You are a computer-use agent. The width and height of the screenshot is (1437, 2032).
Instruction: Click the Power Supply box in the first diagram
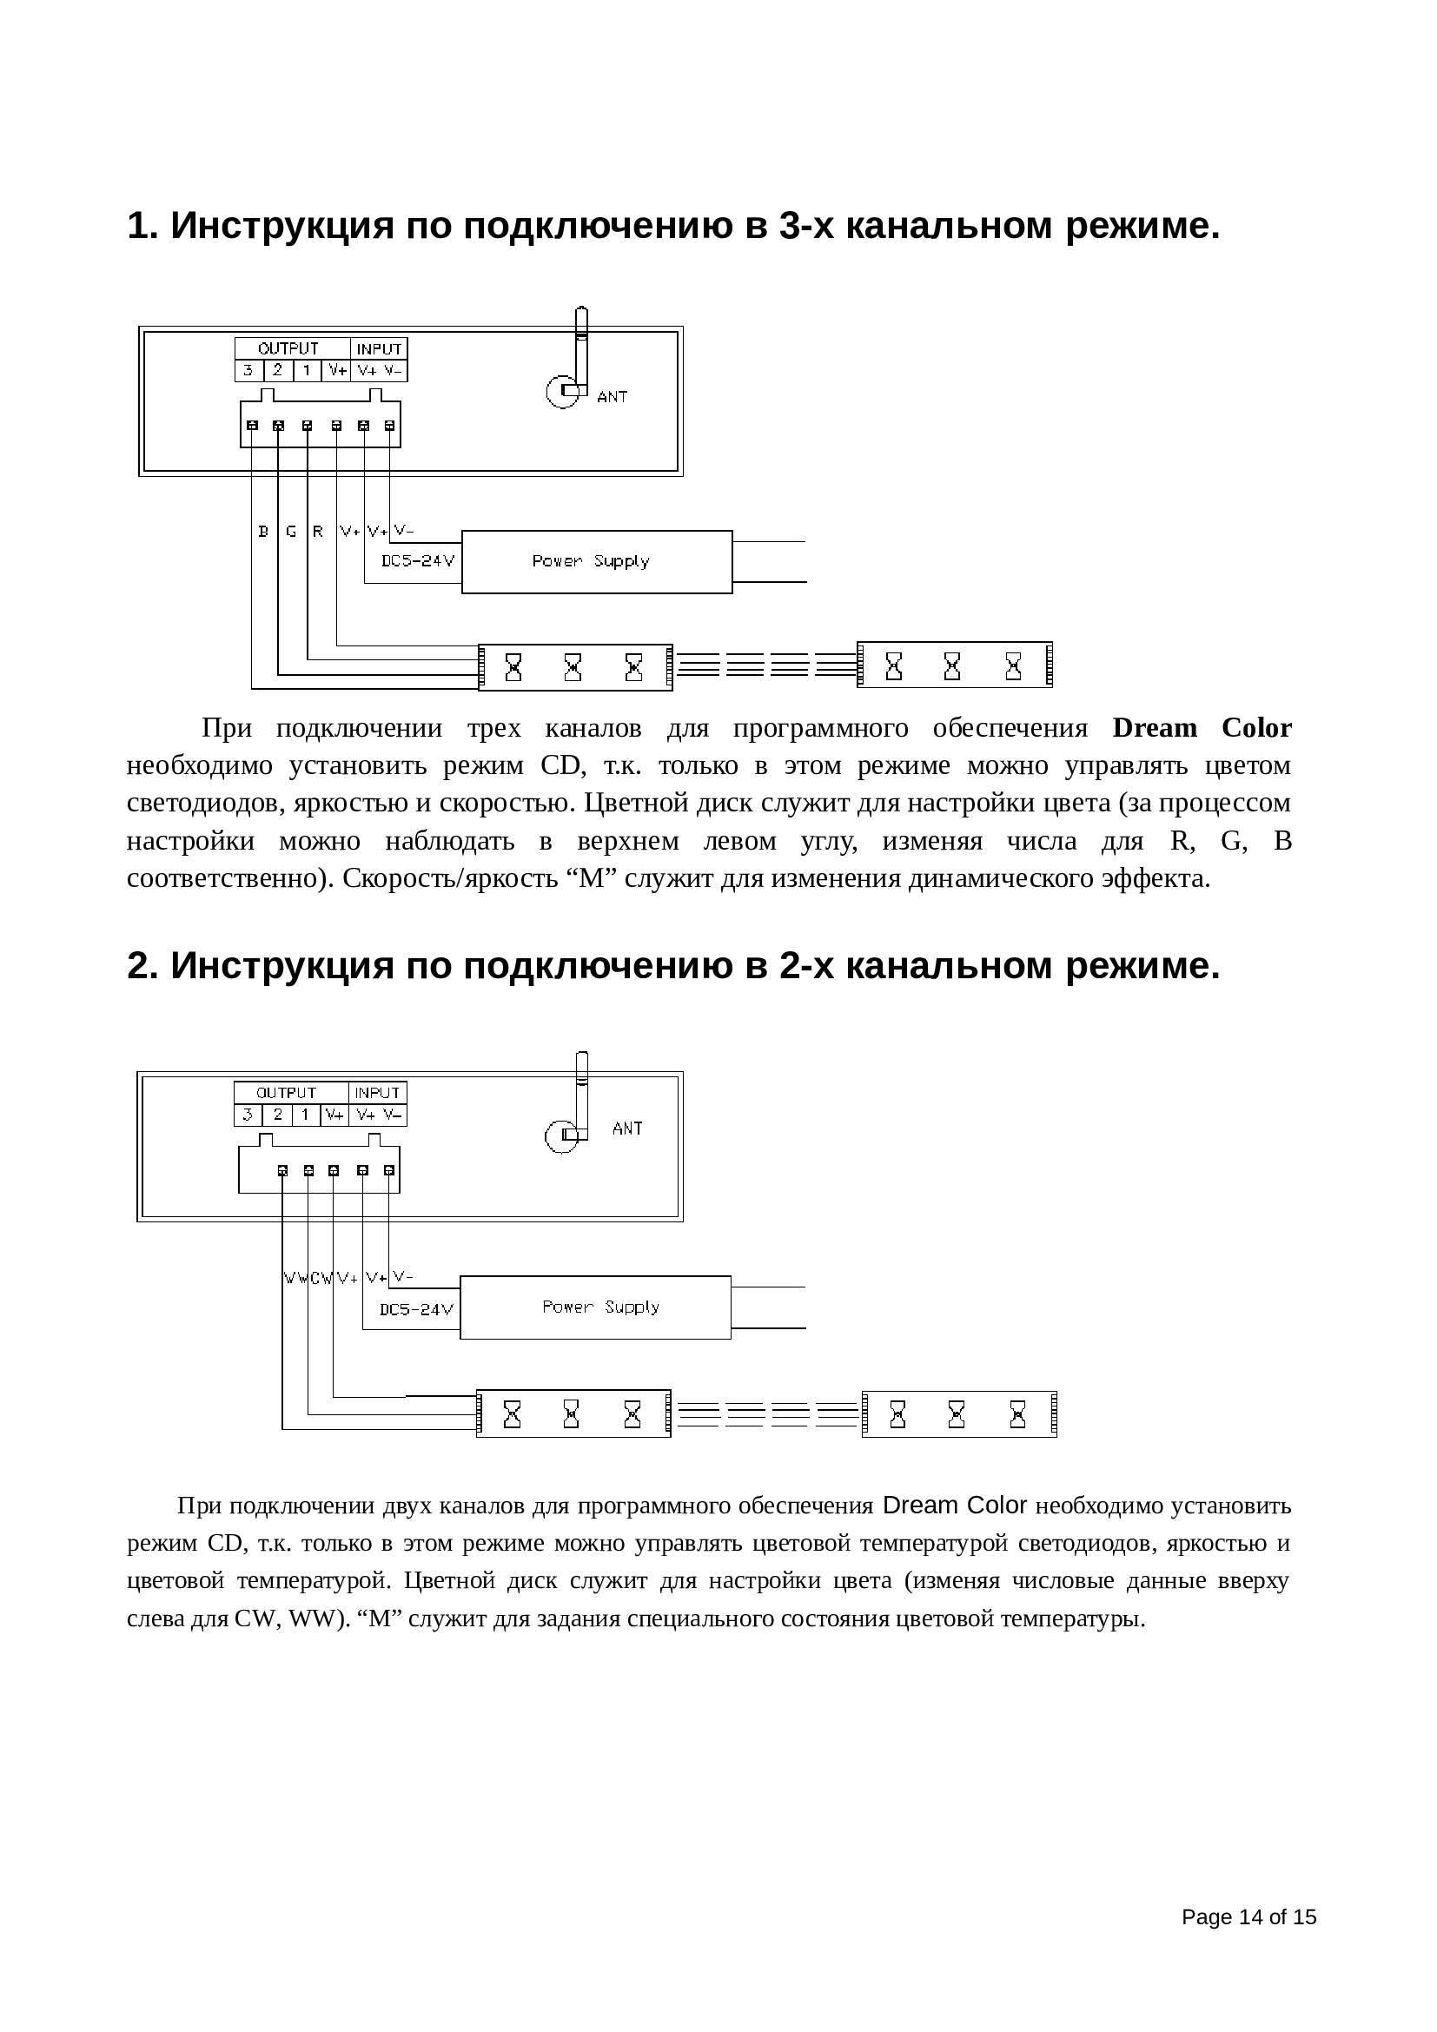pyautogui.click(x=596, y=561)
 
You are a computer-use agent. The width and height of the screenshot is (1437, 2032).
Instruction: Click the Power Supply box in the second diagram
pyautogui.click(x=595, y=1307)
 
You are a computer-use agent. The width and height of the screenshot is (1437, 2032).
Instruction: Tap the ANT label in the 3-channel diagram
pyautogui.click(x=613, y=397)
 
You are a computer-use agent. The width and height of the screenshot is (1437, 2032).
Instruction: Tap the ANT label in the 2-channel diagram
pyautogui.click(x=627, y=1129)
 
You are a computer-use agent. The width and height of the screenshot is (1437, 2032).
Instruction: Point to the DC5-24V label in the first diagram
pyautogui.click(x=418, y=561)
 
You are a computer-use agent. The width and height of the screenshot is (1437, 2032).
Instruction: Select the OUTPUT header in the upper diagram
pyautogui.click(x=288, y=348)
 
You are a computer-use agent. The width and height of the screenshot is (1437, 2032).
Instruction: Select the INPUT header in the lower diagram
pyautogui.click(x=378, y=1093)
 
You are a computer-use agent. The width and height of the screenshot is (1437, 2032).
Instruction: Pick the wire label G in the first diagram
pyautogui.click(x=291, y=532)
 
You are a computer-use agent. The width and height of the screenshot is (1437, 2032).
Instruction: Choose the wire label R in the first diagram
pyautogui.click(x=318, y=532)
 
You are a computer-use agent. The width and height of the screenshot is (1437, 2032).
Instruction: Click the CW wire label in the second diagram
pyautogui.click(x=321, y=1278)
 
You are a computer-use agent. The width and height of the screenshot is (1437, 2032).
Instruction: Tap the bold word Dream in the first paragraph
pyautogui.click(x=1154, y=727)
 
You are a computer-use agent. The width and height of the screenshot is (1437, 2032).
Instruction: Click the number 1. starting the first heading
pyautogui.click(x=142, y=226)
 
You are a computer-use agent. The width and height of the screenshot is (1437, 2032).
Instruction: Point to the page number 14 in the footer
pyautogui.click(x=1249, y=1917)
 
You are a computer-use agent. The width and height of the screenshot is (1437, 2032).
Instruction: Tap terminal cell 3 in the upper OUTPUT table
pyautogui.click(x=248, y=371)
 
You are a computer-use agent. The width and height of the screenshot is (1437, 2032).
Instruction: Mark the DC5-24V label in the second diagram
pyautogui.click(x=417, y=1309)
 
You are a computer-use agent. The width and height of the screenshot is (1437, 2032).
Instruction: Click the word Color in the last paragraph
pyautogui.click(x=997, y=1505)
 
